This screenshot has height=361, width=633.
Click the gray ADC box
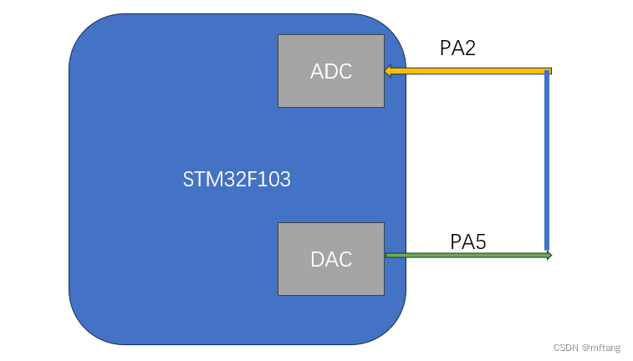[x=330, y=71]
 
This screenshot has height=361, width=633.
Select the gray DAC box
[x=330, y=259]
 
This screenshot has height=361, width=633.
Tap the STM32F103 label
[x=237, y=179]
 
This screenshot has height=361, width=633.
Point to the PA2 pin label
[x=457, y=48]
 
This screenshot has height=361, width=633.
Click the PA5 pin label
[x=468, y=242]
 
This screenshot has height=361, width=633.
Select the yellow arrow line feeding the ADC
[x=468, y=71]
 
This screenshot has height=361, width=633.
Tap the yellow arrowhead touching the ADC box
[x=389, y=71]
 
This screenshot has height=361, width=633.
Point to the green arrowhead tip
[x=549, y=254]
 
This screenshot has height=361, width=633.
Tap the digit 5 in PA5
[x=481, y=242]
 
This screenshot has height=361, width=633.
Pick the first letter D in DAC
[x=317, y=259]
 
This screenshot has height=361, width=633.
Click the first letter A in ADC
[x=317, y=71]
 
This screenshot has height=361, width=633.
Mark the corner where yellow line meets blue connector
[x=548, y=71]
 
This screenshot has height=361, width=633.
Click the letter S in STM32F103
[x=188, y=179]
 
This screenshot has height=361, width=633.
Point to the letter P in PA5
[x=456, y=242]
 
